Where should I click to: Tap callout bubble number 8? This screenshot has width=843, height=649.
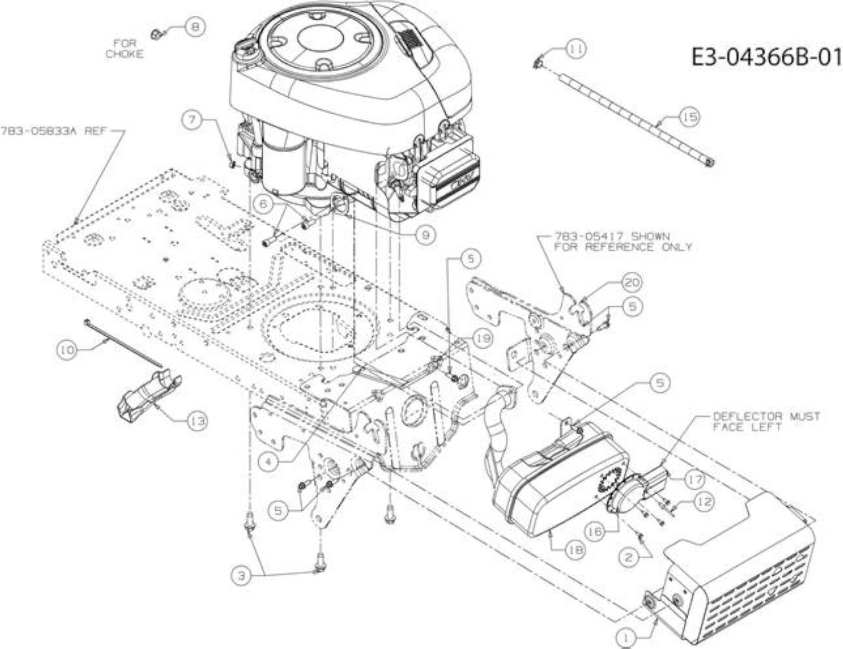point(195,27)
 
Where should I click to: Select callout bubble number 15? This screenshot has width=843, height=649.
point(690,117)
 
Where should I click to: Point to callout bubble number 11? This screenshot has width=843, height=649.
point(576,49)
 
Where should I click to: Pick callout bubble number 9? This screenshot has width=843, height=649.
point(426,235)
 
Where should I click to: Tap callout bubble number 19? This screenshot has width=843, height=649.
point(483,338)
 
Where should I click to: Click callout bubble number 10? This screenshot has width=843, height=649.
point(67,350)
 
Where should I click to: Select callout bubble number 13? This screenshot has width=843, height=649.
point(198,421)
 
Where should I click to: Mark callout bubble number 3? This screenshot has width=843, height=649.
point(242,576)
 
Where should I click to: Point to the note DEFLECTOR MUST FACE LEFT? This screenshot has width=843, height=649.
point(767,422)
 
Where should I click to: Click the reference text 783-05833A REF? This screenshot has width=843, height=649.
point(53,131)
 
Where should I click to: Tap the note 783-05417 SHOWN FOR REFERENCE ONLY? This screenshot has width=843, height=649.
point(622,242)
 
